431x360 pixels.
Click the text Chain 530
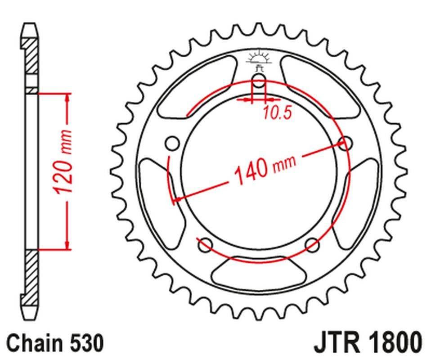pyautogui.click(x=55, y=343)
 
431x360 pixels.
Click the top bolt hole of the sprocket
pyautogui.click(x=259, y=82)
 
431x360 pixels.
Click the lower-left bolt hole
pyautogui.click(x=205, y=245)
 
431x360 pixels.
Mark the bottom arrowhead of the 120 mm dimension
pyautogui.click(x=68, y=245)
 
